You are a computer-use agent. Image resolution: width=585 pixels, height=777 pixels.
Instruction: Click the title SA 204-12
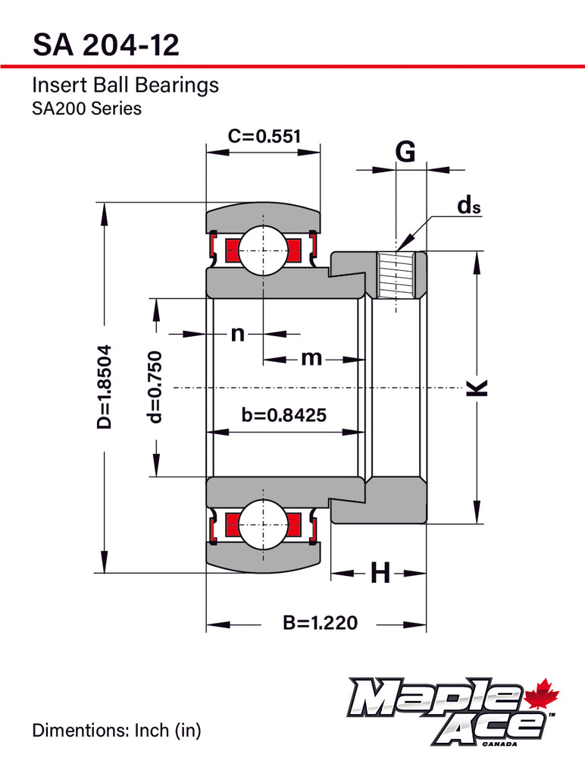point(105,45)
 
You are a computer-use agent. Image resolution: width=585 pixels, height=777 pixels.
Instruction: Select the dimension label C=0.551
point(264,136)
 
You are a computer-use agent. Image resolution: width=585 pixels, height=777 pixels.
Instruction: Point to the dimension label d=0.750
point(155,386)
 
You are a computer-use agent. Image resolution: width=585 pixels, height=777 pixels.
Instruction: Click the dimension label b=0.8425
point(283,415)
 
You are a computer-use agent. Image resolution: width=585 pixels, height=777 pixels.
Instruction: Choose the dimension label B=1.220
point(319,624)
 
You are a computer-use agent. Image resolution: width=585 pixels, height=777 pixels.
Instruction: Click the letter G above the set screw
point(406,152)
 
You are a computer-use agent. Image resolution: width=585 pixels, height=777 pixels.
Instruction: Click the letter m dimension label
point(311,357)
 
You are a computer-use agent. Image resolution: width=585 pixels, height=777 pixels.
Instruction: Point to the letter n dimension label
point(237,333)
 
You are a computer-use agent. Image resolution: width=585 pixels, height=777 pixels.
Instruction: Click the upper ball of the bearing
point(263,248)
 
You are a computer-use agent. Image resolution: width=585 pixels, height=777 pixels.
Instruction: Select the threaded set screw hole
point(398,275)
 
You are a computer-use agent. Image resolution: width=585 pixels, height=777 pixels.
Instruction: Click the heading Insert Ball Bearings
point(125,84)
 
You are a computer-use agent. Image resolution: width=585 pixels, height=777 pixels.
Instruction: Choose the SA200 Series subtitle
point(86,109)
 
